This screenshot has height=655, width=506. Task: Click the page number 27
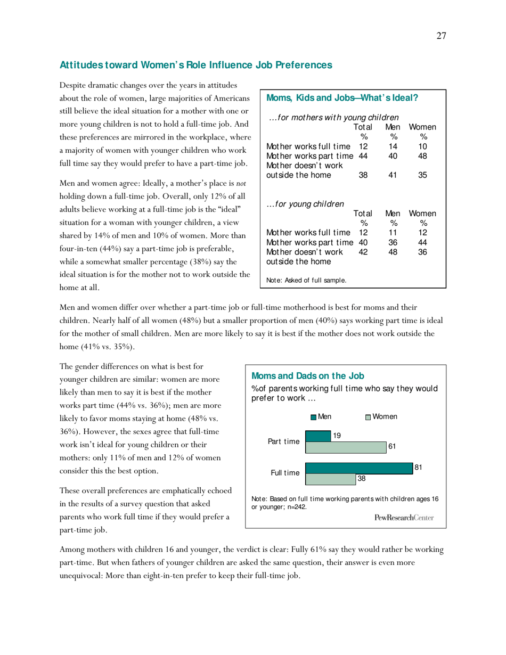coord(440,36)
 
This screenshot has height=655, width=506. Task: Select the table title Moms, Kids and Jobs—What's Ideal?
coord(341,98)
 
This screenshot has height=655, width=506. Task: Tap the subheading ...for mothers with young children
coord(334,117)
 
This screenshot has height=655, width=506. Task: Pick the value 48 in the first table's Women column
coord(422,155)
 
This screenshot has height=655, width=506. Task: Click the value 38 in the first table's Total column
coord(363,174)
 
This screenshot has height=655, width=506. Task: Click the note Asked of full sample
coord(306,280)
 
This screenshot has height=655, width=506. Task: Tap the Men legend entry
coord(321,416)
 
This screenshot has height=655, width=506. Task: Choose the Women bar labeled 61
coord(346,447)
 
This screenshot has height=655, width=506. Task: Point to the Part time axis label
coord(283,441)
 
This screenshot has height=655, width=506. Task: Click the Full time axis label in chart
coord(285,473)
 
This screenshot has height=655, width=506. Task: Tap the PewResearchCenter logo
coord(404,517)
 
